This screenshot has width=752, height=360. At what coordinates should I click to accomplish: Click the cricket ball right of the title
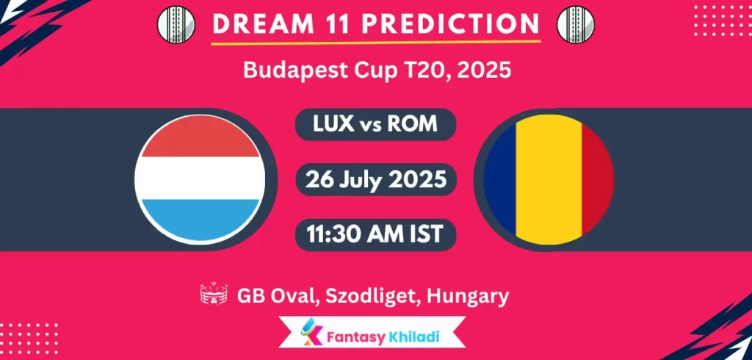(x=577, y=24)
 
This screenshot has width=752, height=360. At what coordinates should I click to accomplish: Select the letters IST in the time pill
(x=427, y=234)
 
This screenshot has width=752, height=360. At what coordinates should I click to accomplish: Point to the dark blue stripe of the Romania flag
(x=501, y=179)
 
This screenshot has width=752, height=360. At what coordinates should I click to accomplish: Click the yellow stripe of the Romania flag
(x=549, y=179)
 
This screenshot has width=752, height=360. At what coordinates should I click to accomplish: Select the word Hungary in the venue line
(x=471, y=296)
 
